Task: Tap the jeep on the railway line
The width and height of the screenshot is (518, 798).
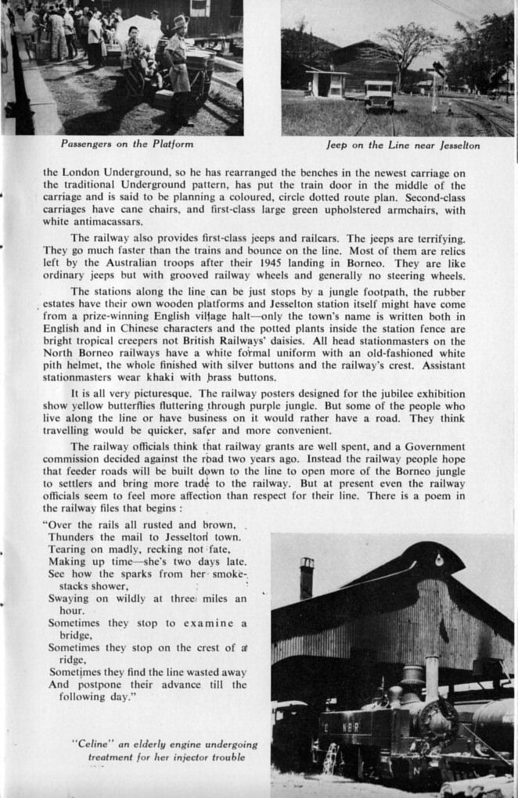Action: (x=379, y=95)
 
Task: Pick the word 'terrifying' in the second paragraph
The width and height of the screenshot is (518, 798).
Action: (x=431, y=238)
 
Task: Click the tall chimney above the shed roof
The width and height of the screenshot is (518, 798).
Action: (x=306, y=578)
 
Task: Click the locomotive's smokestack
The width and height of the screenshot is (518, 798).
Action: (x=431, y=678)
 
